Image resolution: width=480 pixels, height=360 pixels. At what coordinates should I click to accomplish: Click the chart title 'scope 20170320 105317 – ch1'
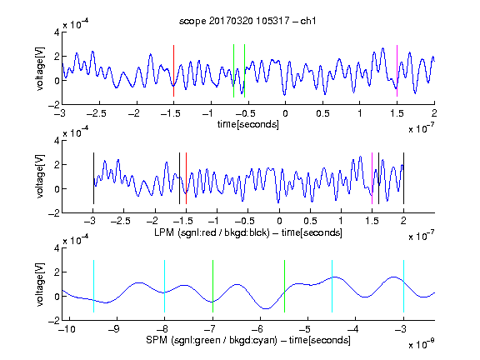[247, 21]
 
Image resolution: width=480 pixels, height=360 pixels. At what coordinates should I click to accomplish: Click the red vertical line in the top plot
[173, 71]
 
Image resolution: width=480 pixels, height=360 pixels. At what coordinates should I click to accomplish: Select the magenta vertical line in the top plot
[397, 71]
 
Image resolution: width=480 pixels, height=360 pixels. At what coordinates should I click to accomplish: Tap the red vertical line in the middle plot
[186, 178]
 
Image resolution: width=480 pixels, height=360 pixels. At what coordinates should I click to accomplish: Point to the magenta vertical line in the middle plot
[372, 178]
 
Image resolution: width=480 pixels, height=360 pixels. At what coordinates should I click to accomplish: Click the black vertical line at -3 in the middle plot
[93, 178]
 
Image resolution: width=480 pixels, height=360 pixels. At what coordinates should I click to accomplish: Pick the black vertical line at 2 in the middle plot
[403, 178]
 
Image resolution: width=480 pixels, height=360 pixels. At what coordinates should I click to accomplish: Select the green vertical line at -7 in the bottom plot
[212, 286]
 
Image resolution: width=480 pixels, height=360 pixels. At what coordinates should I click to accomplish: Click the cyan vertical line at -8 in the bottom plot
[165, 286]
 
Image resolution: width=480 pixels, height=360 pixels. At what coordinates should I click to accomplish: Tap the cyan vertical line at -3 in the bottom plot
[403, 286]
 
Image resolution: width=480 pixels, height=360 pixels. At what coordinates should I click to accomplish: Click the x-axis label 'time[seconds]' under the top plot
[248, 124]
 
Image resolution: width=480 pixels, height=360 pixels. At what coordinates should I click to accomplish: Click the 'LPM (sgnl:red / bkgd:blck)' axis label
[212, 232]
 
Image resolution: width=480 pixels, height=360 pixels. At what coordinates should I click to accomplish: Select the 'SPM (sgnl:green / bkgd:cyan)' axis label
[212, 340]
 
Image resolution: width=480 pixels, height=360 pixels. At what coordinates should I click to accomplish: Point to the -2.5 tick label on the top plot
[96, 113]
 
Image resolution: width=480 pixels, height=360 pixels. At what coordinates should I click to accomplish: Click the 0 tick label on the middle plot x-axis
[279, 221]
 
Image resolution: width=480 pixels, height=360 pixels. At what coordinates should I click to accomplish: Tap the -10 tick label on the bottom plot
[67, 329]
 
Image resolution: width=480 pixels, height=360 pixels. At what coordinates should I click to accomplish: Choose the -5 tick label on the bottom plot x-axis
[305, 329]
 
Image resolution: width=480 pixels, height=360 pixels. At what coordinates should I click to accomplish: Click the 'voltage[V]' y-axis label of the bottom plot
[40, 284]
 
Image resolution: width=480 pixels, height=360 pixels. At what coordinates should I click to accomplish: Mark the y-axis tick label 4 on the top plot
[57, 32]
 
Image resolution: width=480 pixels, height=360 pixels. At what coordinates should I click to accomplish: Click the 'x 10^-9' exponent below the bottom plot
[422, 344]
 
